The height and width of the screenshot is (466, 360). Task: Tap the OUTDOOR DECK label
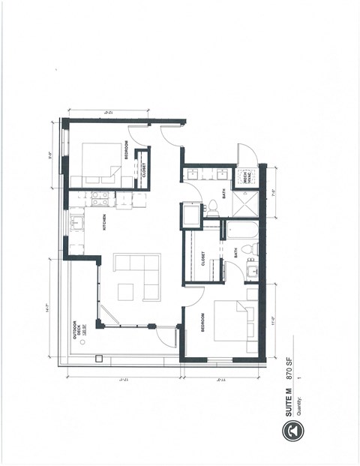[78, 331]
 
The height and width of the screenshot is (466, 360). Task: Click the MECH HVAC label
[245, 177]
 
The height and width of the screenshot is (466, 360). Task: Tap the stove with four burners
[99, 199]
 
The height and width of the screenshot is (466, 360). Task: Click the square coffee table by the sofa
[125, 290]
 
